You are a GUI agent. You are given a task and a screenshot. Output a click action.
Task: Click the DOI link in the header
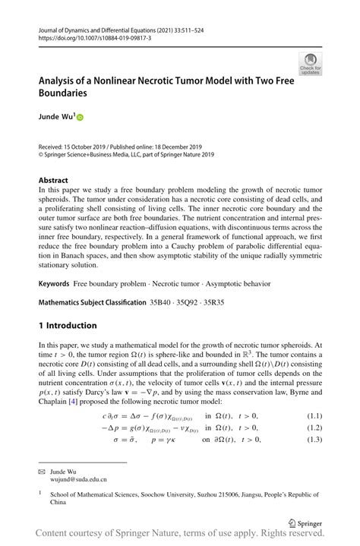pos(96,37)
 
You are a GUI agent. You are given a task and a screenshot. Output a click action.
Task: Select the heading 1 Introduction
pos(68,326)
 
